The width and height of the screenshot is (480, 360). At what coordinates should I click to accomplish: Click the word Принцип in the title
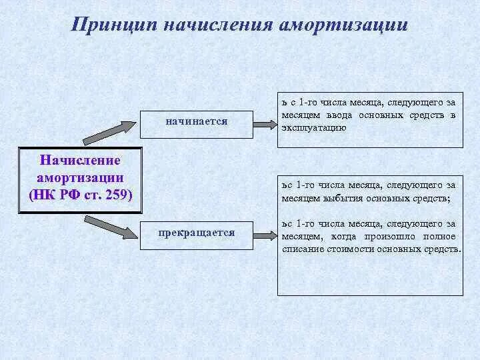click(114, 25)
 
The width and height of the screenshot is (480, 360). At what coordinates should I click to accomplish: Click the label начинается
click(197, 121)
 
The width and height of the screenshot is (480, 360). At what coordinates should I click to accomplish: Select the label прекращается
click(197, 233)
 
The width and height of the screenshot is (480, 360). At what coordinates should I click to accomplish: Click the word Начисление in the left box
click(81, 161)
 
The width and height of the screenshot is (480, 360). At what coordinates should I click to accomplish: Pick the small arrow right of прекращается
click(265, 235)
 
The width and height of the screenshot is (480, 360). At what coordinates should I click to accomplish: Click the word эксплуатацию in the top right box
click(313, 127)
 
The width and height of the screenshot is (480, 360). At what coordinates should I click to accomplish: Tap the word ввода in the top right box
click(340, 115)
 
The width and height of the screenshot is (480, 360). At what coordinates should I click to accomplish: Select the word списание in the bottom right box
click(301, 249)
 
